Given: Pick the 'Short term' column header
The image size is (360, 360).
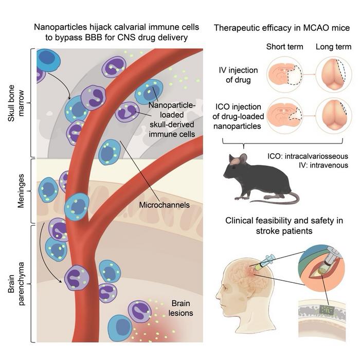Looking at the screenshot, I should point(281,47).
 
